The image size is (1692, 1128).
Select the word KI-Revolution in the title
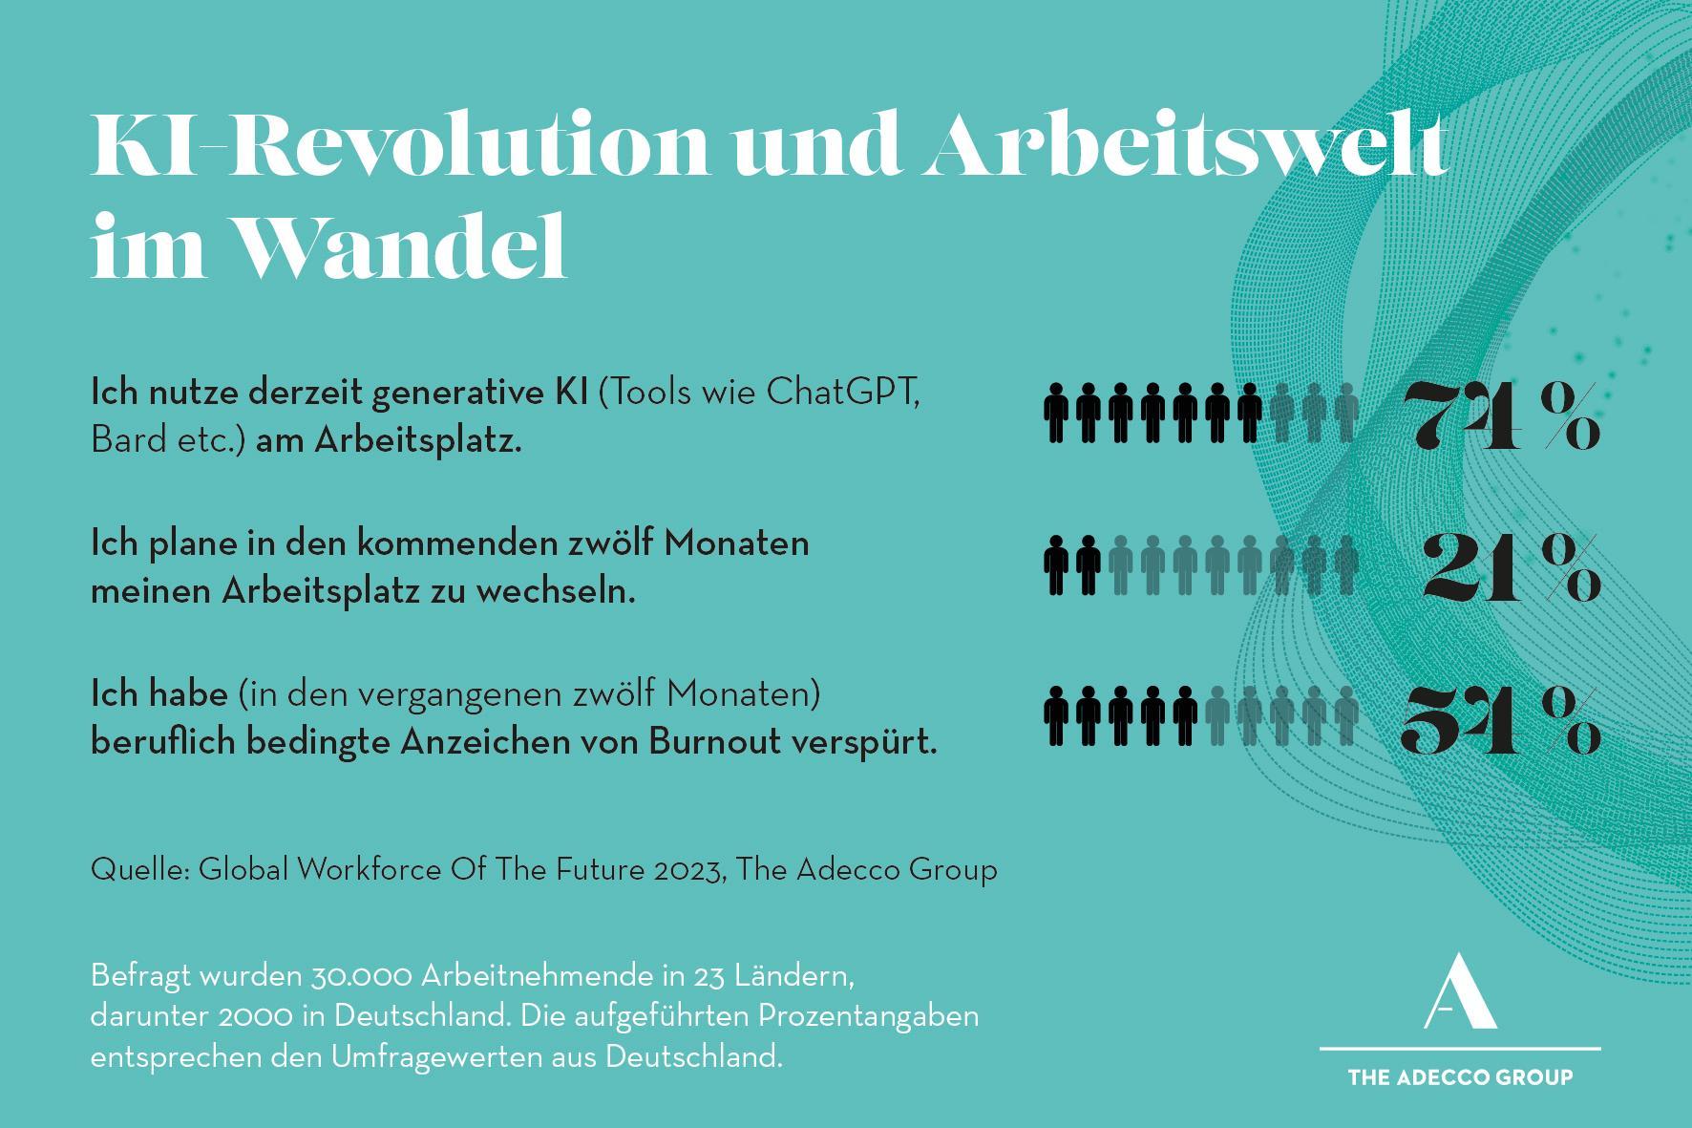coord(400,146)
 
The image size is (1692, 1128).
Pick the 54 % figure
coord(1501,720)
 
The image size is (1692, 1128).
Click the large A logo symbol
coord(1460,990)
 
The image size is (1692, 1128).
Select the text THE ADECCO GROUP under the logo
coord(1460,1077)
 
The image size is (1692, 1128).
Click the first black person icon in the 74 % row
coord(1056,413)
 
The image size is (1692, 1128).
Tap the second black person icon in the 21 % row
coord(1089,565)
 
